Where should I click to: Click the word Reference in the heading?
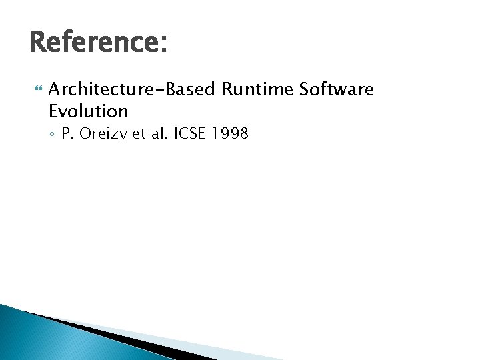point(92,43)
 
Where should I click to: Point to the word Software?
point(336,89)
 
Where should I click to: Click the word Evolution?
point(88,111)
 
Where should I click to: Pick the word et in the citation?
point(139,133)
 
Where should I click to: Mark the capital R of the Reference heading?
point(39,43)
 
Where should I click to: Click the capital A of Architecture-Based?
point(55,89)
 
